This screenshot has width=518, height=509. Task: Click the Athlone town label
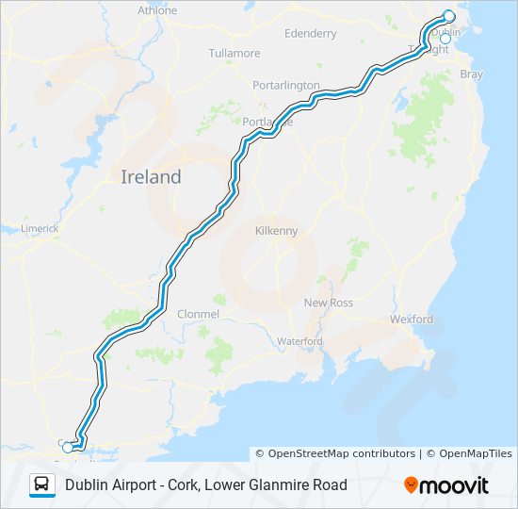[x=157, y=10]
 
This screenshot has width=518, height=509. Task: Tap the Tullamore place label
[x=235, y=53]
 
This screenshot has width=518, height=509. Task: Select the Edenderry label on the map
[x=310, y=34]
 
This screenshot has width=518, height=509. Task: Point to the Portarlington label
[x=286, y=85]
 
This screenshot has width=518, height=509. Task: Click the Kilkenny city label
[x=277, y=230]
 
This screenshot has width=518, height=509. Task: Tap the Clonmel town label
[x=199, y=313]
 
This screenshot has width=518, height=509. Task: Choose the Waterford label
[x=299, y=341]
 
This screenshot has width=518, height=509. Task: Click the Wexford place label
[x=412, y=320]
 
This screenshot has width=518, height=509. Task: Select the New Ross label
[x=326, y=303]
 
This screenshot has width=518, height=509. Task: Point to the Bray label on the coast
[x=471, y=74]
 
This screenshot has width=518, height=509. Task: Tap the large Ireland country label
[x=151, y=176]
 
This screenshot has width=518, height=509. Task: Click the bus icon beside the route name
[x=42, y=484]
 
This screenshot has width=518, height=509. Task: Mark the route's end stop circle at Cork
[x=67, y=448]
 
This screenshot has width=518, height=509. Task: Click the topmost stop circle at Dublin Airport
[x=448, y=16]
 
